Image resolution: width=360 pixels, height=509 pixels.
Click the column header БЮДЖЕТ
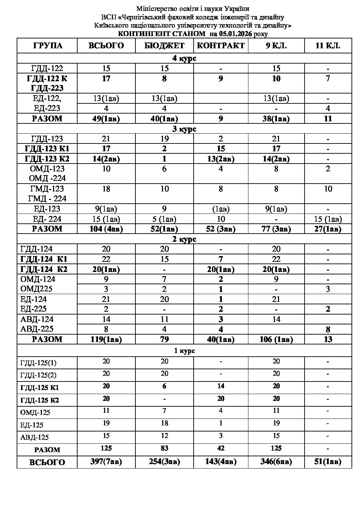(164, 46)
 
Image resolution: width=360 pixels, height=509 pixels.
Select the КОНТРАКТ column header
(221, 46)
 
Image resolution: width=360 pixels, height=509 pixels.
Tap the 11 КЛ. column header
(328, 46)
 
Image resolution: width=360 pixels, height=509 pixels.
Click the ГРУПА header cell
(47, 46)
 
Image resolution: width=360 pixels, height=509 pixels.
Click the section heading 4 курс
(184, 58)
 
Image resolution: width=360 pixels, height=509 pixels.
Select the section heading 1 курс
(184, 351)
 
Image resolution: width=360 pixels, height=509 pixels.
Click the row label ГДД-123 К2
(47, 159)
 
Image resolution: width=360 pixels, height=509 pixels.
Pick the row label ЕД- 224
(47, 219)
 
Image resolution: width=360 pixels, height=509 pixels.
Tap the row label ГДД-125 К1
(40, 388)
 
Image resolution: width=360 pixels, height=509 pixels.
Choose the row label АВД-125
(35, 437)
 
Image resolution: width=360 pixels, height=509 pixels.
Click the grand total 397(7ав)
(106, 462)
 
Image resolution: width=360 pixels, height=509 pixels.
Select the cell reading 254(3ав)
(164, 462)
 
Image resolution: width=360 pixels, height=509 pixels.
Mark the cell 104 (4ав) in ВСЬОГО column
(106, 229)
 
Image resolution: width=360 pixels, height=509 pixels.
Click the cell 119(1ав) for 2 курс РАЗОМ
(106, 339)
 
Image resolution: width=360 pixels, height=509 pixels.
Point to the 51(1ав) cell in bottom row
(328, 462)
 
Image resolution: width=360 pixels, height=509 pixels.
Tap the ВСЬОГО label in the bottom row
(47, 462)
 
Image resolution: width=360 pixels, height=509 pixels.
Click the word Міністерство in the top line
(156, 9)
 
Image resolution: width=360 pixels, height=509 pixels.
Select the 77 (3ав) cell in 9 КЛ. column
(276, 229)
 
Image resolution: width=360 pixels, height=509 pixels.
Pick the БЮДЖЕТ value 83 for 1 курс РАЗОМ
(164, 448)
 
